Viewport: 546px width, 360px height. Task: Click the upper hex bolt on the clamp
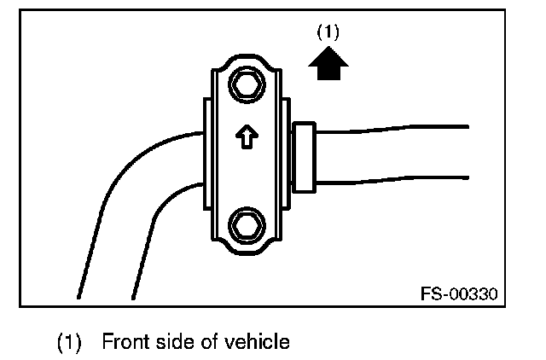[245, 85]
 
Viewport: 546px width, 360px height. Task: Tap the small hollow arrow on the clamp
[246, 136]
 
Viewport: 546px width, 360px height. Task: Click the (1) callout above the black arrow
[328, 33]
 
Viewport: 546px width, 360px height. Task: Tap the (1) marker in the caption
[68, 343]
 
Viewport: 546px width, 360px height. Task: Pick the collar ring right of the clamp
[305, 156]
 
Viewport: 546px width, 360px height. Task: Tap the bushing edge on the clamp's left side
[205, 156]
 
